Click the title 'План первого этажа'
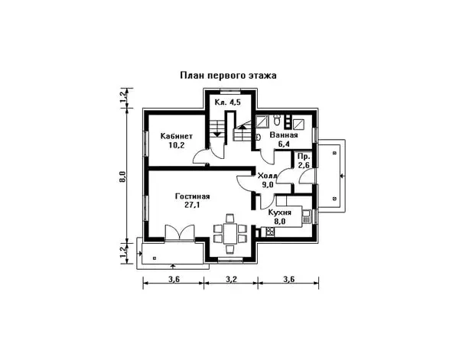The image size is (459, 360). point(228,76)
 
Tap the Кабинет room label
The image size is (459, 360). point(177,136)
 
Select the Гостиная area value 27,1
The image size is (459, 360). point(192,205)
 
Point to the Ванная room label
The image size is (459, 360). point(284,135)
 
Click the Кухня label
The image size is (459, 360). point(279,212)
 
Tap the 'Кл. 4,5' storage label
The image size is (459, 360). point(228,102)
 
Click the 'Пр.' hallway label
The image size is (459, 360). point(303,157)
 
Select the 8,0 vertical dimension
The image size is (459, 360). point(122,177)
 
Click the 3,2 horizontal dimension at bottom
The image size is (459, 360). point(231,279)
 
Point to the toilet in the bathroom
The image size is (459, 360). point(277,119)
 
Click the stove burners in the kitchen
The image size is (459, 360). point(269,232)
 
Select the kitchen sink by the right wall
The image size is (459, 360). point(306,216)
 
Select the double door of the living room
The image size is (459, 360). point(180,233)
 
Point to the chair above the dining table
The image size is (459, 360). point(229,218)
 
